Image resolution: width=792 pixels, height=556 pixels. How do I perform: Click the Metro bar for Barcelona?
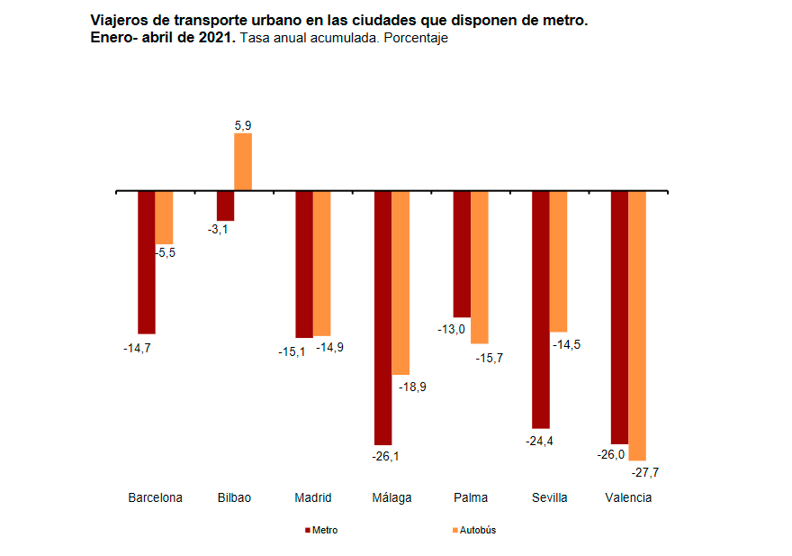click(147, 262)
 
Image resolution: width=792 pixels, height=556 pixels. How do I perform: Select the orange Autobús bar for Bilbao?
click(243, 162)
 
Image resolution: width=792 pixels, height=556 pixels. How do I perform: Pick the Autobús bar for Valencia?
click(637, 325)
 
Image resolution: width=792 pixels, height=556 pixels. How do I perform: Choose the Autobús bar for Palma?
click(480, 267)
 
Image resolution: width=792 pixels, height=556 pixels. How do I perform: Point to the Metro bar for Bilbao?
click(226, 205)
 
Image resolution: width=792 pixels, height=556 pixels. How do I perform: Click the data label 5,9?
click(243, 126)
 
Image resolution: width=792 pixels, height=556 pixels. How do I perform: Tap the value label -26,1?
click(385, 456)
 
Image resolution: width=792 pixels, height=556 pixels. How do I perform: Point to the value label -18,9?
click(412, 387)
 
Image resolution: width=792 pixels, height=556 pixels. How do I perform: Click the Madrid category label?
click(313, 497)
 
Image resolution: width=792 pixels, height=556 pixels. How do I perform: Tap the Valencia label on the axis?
click(628, 497)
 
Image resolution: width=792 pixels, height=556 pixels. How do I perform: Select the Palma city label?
click(471, 497)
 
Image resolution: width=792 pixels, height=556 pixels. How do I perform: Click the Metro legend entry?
click(322, 530)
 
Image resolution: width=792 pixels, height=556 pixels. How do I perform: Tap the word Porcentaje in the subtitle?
click(416, 38)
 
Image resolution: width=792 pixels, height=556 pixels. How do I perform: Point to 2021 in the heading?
click(214, 38)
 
